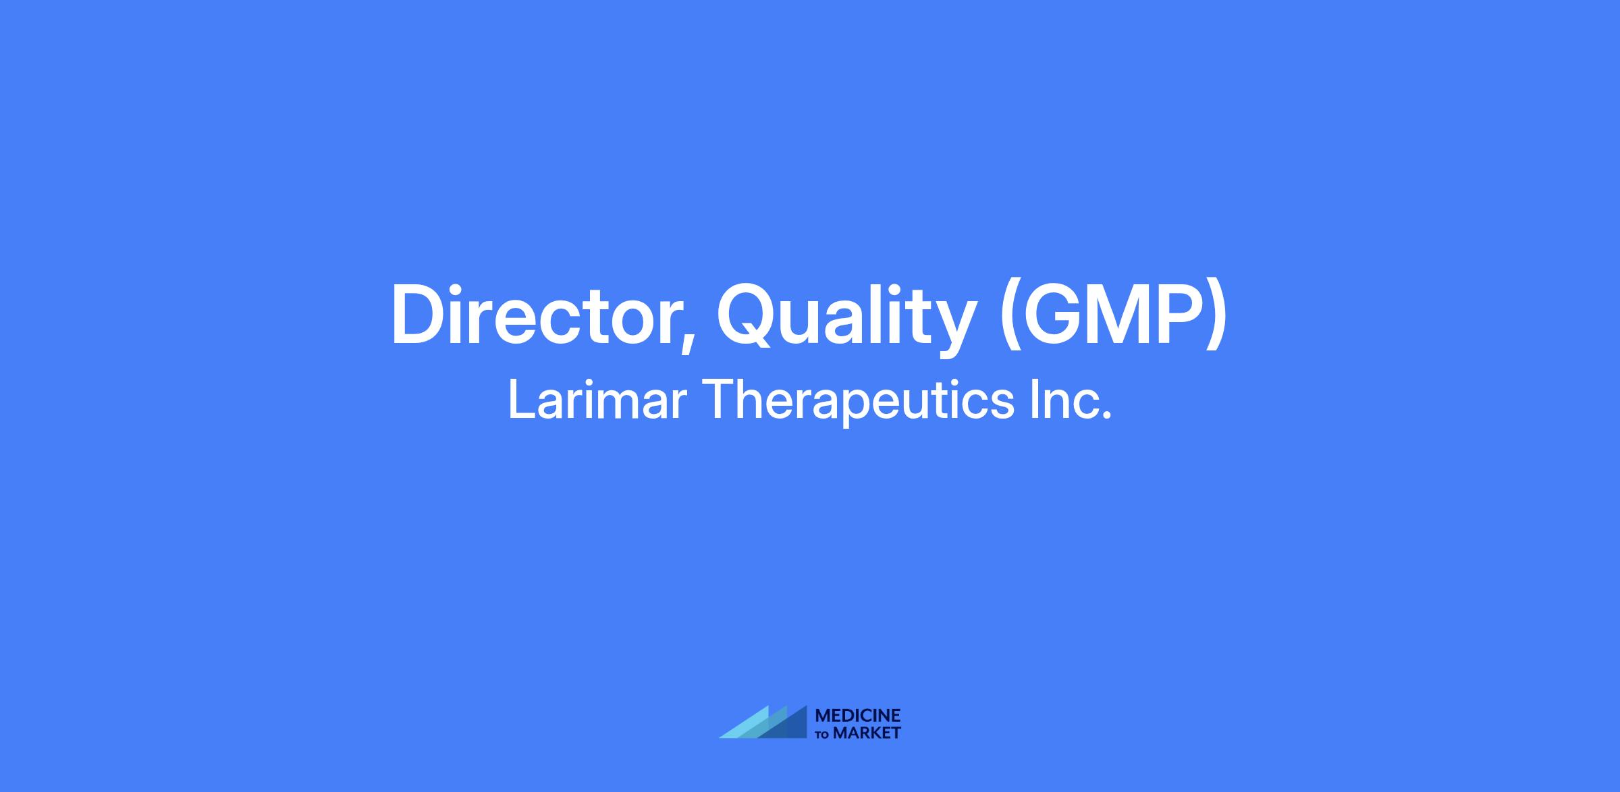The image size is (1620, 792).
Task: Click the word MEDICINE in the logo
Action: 858,715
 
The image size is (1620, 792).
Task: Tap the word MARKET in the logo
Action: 867,733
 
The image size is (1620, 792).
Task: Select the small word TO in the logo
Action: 823,734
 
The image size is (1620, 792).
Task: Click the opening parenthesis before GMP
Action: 1013,318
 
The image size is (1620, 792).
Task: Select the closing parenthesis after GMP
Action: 1214,318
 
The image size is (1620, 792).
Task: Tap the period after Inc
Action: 1106,416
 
